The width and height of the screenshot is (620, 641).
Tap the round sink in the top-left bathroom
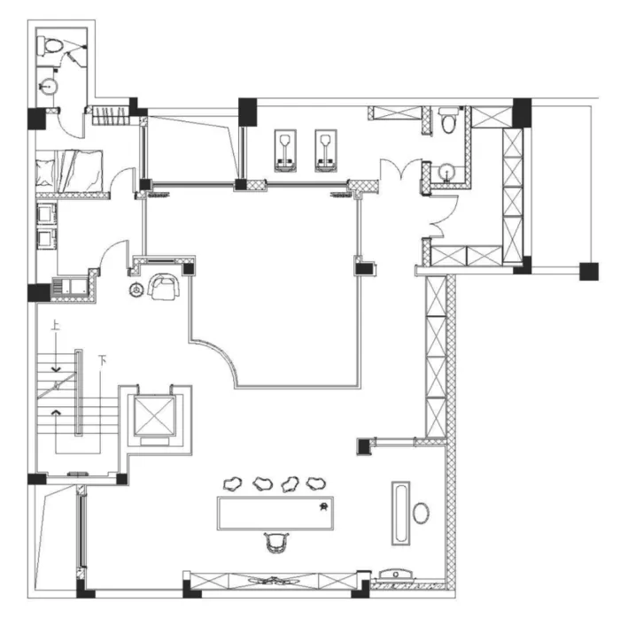(48, 86)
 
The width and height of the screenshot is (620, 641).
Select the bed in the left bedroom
(69, 171)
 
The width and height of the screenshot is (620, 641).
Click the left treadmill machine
(285, 151)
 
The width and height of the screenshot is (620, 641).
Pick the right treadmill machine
(326, 151)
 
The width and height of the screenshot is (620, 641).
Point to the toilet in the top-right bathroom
(448, 120)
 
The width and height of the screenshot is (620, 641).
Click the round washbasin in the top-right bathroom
(447, 173)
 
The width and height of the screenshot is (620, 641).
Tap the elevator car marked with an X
(155, 415)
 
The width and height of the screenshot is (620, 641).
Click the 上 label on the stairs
(55, 326)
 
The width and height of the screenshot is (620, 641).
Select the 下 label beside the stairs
(103, 360)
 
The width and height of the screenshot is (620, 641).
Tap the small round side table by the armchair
(136, 290)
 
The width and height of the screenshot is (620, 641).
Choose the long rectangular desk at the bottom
(275, 513)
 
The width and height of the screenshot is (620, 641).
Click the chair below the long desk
(276, 542)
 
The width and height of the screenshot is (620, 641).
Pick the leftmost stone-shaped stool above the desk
(233, 484)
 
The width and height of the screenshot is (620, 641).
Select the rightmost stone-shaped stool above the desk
(315, 483)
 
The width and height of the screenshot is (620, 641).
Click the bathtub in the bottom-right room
(401, 513)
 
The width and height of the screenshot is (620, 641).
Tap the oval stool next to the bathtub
(421, 513)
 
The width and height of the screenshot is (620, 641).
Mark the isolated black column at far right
(589, 272)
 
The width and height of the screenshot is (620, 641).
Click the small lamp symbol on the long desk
(323, 507)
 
